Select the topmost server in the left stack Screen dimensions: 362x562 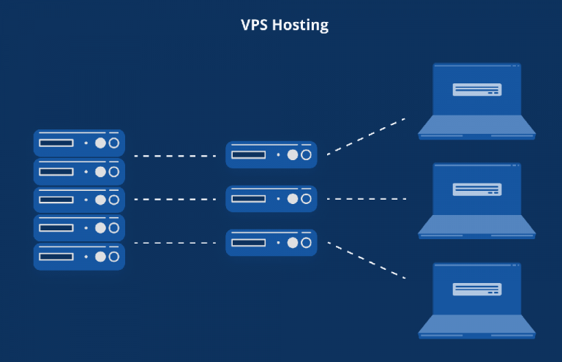click(x=79, y=143)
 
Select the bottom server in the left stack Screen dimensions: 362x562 click(x=79, y=257)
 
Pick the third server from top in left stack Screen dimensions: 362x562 click(x=79, y=200)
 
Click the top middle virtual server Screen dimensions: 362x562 click(x=271, y=154)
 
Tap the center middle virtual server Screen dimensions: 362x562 click(x=271, y=199)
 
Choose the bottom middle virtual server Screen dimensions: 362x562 click(x=271, y=243)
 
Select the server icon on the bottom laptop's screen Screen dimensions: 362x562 click(x=476, y=288)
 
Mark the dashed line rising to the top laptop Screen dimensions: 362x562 click(x=365, y=136)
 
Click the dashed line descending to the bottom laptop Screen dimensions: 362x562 click(x=365, y=260)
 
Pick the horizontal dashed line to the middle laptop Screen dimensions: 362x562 click(x=365, y=199)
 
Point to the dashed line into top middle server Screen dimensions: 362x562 click(x=175, y=156)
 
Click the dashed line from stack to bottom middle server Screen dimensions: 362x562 click(x=175, y=243)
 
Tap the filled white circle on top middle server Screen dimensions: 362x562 click(x=293, y=155)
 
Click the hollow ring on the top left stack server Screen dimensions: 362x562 click(x=113, y=143)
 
